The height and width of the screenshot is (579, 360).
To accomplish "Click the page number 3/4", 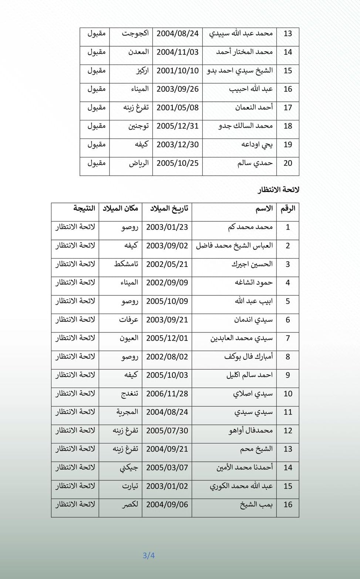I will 149,555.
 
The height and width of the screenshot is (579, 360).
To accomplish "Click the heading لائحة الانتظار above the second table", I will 278,190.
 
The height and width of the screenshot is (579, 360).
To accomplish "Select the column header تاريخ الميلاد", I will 169,208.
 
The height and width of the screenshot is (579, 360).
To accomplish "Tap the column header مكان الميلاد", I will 120,208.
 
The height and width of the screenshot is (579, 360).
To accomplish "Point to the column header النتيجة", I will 84,208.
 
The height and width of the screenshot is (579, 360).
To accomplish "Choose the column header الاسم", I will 264,209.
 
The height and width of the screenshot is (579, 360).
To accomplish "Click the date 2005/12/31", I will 178,126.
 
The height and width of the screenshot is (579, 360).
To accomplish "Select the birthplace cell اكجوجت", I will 135,33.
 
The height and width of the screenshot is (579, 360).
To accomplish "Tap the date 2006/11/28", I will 167,394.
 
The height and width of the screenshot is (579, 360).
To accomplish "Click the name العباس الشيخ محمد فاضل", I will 234,245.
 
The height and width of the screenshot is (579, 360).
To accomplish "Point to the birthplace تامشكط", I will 126,264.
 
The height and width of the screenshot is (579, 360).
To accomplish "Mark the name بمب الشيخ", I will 256,505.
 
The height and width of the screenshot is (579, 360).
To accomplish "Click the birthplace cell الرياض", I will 139,163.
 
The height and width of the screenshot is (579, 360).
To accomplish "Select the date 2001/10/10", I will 178,70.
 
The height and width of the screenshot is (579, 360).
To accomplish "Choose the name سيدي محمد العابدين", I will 242,338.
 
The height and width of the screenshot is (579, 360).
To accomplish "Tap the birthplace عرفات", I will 128,319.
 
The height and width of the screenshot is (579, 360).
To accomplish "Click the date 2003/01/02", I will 167,486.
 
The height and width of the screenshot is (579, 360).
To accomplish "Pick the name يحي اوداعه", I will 257,144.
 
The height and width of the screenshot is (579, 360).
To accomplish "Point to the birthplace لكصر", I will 130,505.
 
